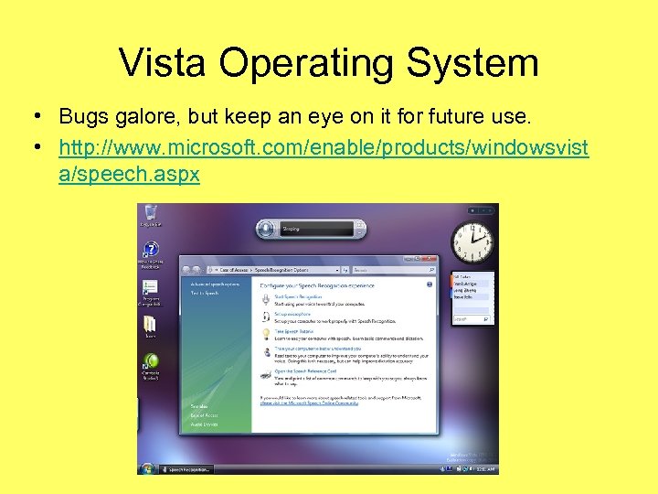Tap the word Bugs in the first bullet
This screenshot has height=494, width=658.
(x=81, y=117)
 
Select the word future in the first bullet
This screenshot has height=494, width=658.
(x=426, y=117)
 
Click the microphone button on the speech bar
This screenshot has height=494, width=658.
(x=266, y=229)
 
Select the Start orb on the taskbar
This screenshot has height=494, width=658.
(x=146, y=468)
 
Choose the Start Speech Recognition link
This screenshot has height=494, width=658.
(x=298, y=297)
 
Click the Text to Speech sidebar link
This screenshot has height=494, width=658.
(x=205, y=293)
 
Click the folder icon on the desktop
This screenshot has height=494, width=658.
(x=150, y=325)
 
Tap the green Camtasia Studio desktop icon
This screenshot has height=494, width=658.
(x=151, y=361)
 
